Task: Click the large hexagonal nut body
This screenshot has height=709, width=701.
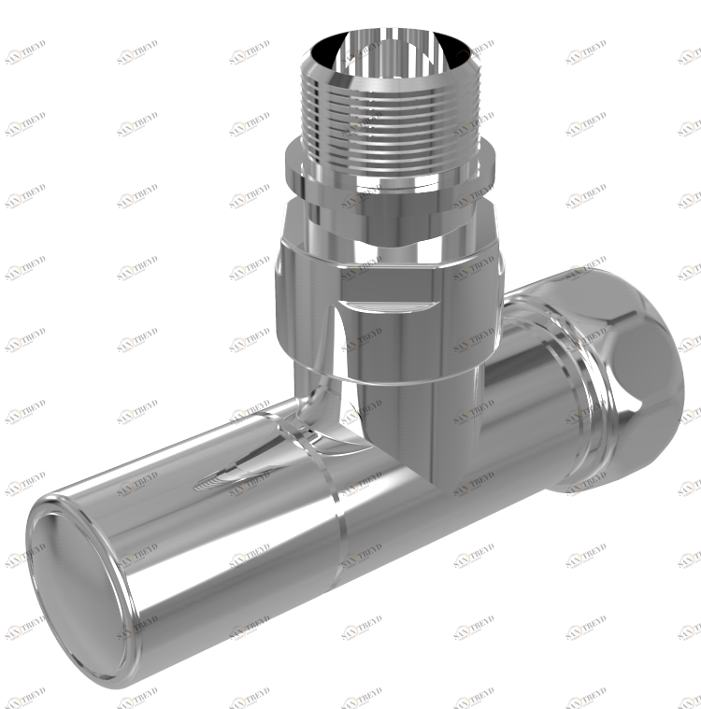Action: point(308,308)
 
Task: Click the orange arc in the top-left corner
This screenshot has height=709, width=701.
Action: point(14,55)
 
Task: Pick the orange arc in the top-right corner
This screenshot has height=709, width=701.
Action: point(688,55)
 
